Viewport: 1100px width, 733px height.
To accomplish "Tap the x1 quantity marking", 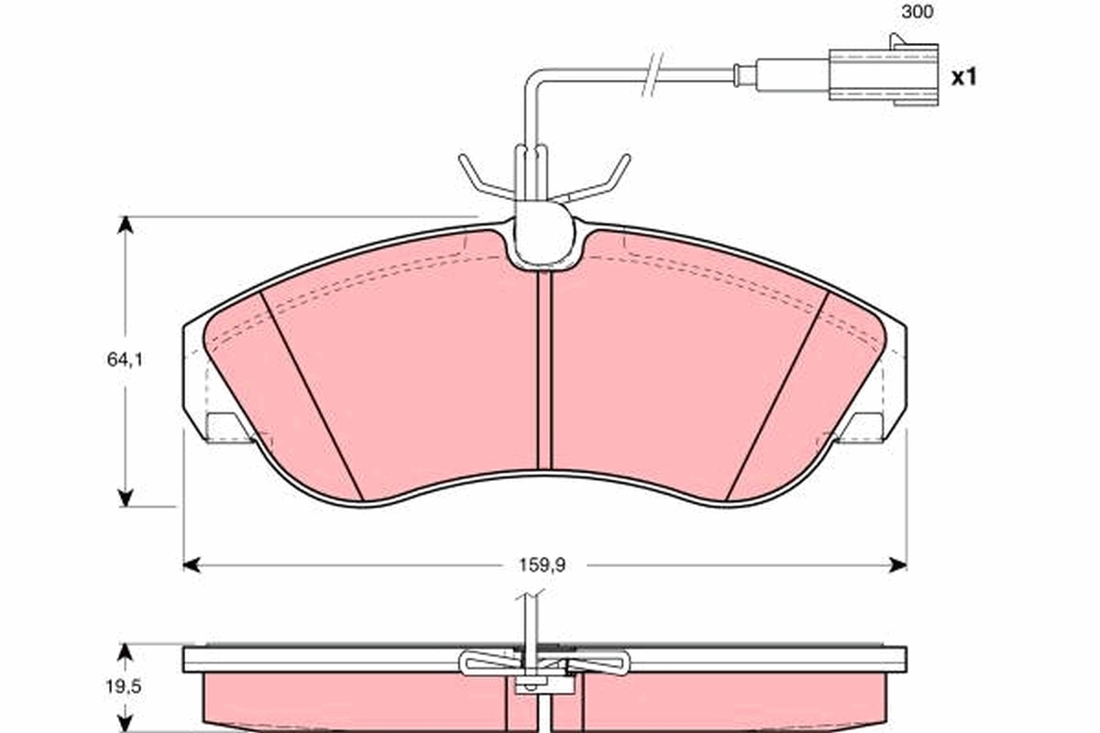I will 963,77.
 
